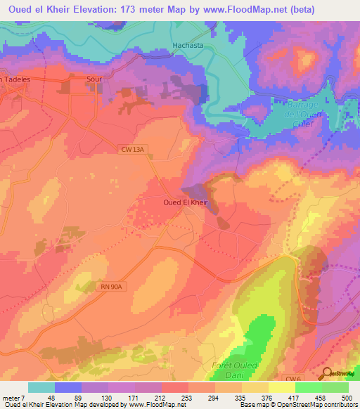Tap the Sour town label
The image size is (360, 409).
tap(94, 79)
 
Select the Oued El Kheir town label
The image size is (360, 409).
tap(183, 202)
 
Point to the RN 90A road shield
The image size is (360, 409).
tap(111, 287)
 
